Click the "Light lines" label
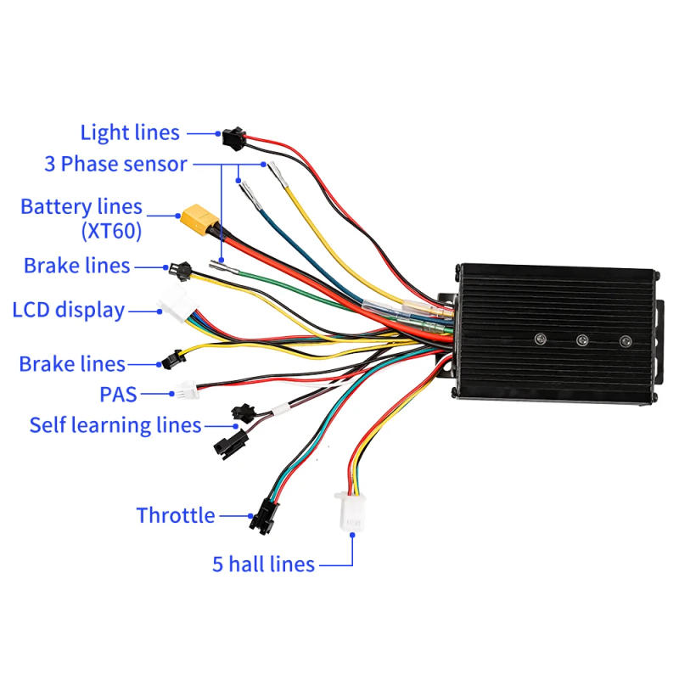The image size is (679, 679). click(x=130, y=133)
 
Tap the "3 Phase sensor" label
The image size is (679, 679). click(x=115, y=164)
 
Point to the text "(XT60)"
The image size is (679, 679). click(x=111, y=230)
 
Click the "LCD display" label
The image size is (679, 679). click(x=69, y=310)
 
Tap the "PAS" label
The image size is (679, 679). click(x=118, y=394)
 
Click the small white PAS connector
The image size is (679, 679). click(x=186, y=391)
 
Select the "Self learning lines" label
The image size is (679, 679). click(x=115, y=424)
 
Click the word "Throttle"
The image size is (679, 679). click(x=176, y=515)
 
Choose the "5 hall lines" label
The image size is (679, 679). click(x=263, y=564)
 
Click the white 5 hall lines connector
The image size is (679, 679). click(x=351, y=511)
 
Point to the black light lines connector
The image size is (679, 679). click(x=232, y=134)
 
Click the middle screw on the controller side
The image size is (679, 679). click(x=582, y=339)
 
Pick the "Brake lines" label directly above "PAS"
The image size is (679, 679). click(x=72, y=364)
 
